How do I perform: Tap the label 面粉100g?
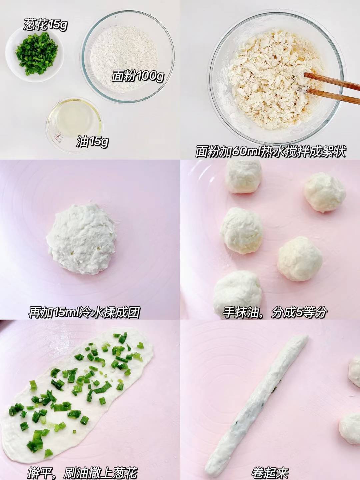[138, 76]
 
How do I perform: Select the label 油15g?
[93, 142]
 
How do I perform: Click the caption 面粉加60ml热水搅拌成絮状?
[271, 152]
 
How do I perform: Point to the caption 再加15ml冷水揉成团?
[84, 312]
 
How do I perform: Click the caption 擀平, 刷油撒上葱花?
[83, 472]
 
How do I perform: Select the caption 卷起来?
[270, 472]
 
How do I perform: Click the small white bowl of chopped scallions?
[35, 55]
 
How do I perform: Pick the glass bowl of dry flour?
[128, 56]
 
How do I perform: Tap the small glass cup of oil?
[74, 125]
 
